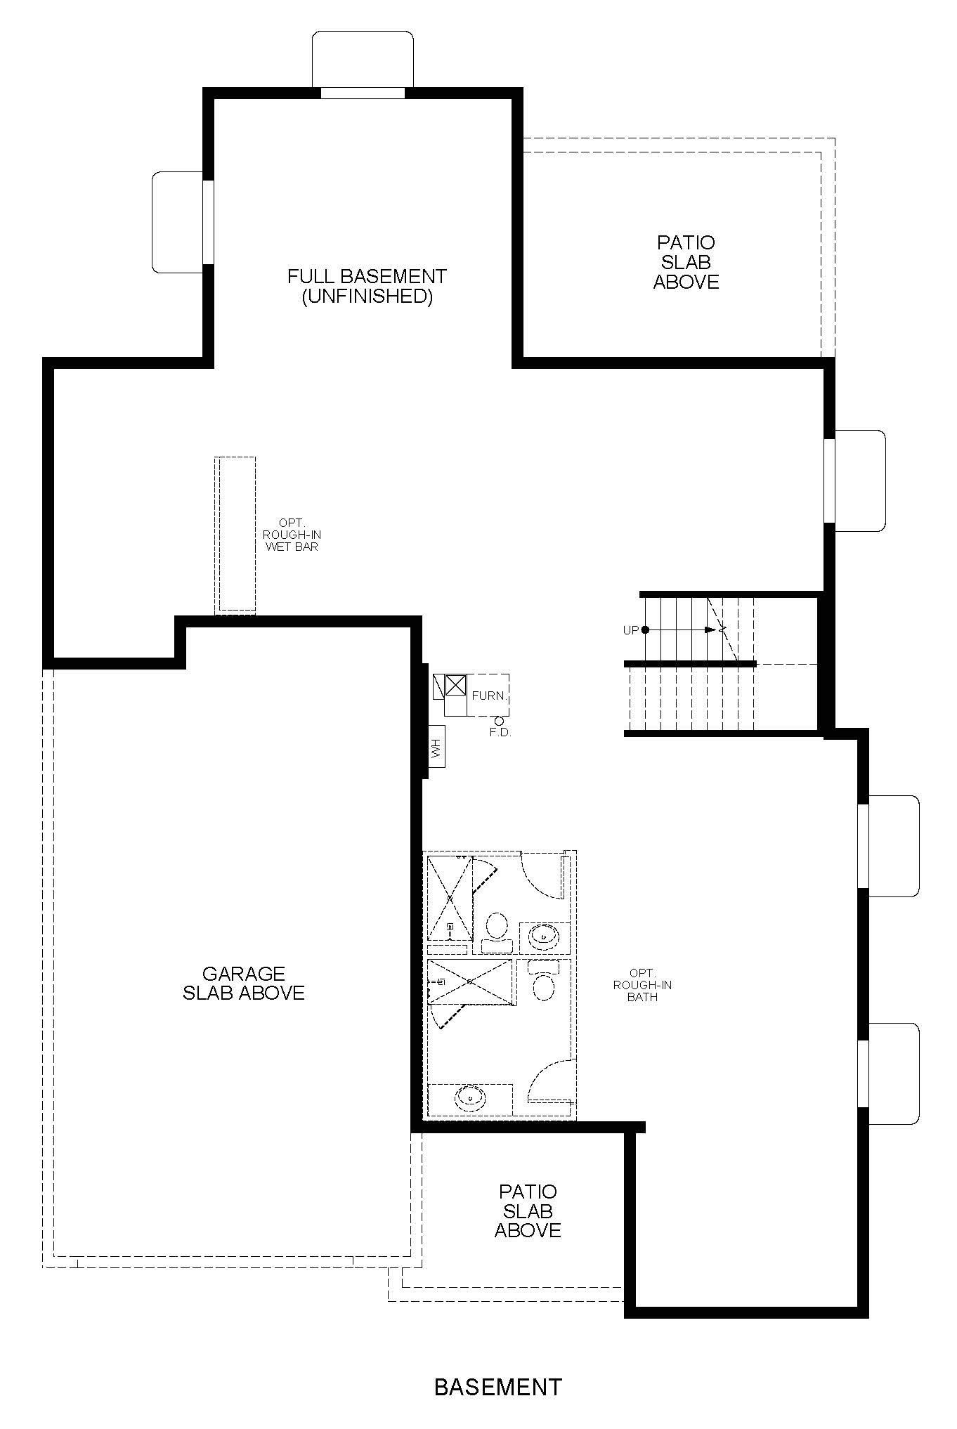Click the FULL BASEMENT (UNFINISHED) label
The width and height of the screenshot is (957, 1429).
(367, 286)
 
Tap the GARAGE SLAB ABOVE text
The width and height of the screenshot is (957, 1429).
(244, 983)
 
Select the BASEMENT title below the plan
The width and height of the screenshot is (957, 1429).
(498, 1387)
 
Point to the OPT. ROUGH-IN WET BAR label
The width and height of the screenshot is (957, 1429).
(292, 535)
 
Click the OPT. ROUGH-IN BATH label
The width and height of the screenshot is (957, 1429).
(642, 984)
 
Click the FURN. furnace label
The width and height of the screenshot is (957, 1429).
(488, 696)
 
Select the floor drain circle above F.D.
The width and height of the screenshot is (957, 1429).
(499, 720)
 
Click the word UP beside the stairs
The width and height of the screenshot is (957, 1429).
(631, 630)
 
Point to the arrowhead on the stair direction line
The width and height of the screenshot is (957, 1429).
(710, 629)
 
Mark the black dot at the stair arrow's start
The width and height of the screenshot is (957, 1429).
(645, 629)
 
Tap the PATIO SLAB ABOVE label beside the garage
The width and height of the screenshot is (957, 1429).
(528, 1211)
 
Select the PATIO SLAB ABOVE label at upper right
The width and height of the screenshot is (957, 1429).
(686, 262)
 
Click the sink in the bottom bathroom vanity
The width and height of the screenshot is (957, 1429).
(470, 1096)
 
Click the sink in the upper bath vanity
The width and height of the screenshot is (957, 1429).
(544, 935)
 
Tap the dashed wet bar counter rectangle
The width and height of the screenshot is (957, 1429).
(235, 535)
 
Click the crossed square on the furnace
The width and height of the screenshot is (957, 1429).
(455, 685)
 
